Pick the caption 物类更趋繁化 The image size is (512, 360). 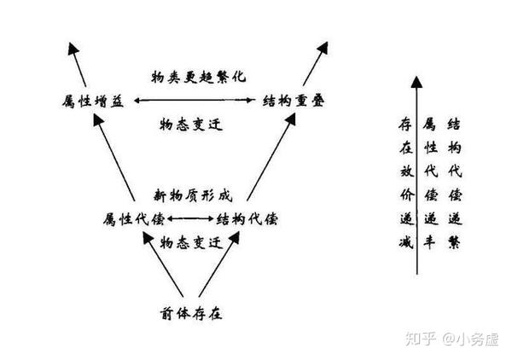coord(192,76)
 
